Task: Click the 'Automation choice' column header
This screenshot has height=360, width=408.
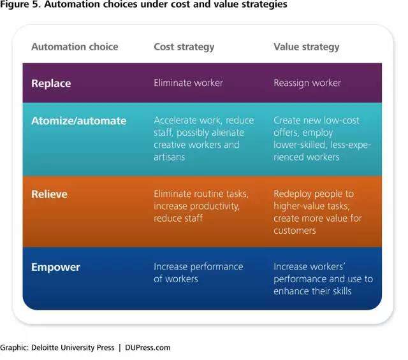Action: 75,47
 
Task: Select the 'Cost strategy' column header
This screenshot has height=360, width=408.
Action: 184,47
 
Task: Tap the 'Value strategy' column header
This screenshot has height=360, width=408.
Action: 306,47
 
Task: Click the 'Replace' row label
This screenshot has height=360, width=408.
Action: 51,83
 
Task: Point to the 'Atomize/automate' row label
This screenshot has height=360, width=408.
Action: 79,120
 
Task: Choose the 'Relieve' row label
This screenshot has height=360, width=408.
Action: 49,194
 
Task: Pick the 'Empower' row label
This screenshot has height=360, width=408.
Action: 55,268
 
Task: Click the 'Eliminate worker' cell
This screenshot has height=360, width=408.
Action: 188,83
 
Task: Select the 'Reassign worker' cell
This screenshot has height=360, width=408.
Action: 307,83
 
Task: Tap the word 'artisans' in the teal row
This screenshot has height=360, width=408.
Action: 169,157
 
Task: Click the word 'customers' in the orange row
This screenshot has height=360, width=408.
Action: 295,231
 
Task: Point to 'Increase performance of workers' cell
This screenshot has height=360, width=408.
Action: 198,273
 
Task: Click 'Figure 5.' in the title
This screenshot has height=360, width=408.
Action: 20,4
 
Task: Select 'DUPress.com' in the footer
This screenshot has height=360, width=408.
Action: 147,347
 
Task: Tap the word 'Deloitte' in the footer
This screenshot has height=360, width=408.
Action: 43,347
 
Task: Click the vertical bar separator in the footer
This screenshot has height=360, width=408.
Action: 120,348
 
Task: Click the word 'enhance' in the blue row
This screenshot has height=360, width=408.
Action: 289,291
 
